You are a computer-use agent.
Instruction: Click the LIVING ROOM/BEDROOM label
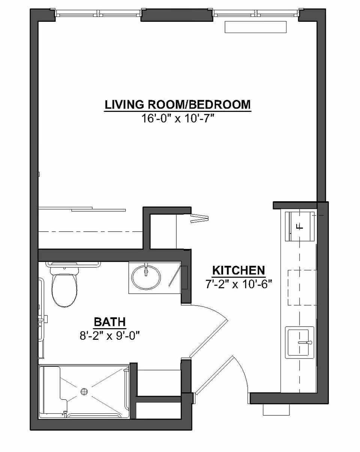(x=177, y=104)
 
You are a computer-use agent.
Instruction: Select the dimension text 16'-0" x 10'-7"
(x=177, y=119)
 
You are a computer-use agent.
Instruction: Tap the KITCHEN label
(x=238, y=270)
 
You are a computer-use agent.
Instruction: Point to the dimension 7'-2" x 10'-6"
(x=238, y=284)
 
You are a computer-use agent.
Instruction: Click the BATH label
(x=109, y=322)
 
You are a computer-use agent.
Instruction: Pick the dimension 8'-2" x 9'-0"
(x=109, y=335)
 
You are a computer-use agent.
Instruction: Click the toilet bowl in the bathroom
(x=64, y=288)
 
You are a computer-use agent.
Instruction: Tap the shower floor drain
(x=84, y=391)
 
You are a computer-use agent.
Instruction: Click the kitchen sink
(x=300, y=342)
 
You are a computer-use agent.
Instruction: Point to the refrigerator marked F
(x=300, y=226)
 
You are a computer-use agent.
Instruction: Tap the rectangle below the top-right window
(x=255, y=27)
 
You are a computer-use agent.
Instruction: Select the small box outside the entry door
(x=276, y=410)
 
